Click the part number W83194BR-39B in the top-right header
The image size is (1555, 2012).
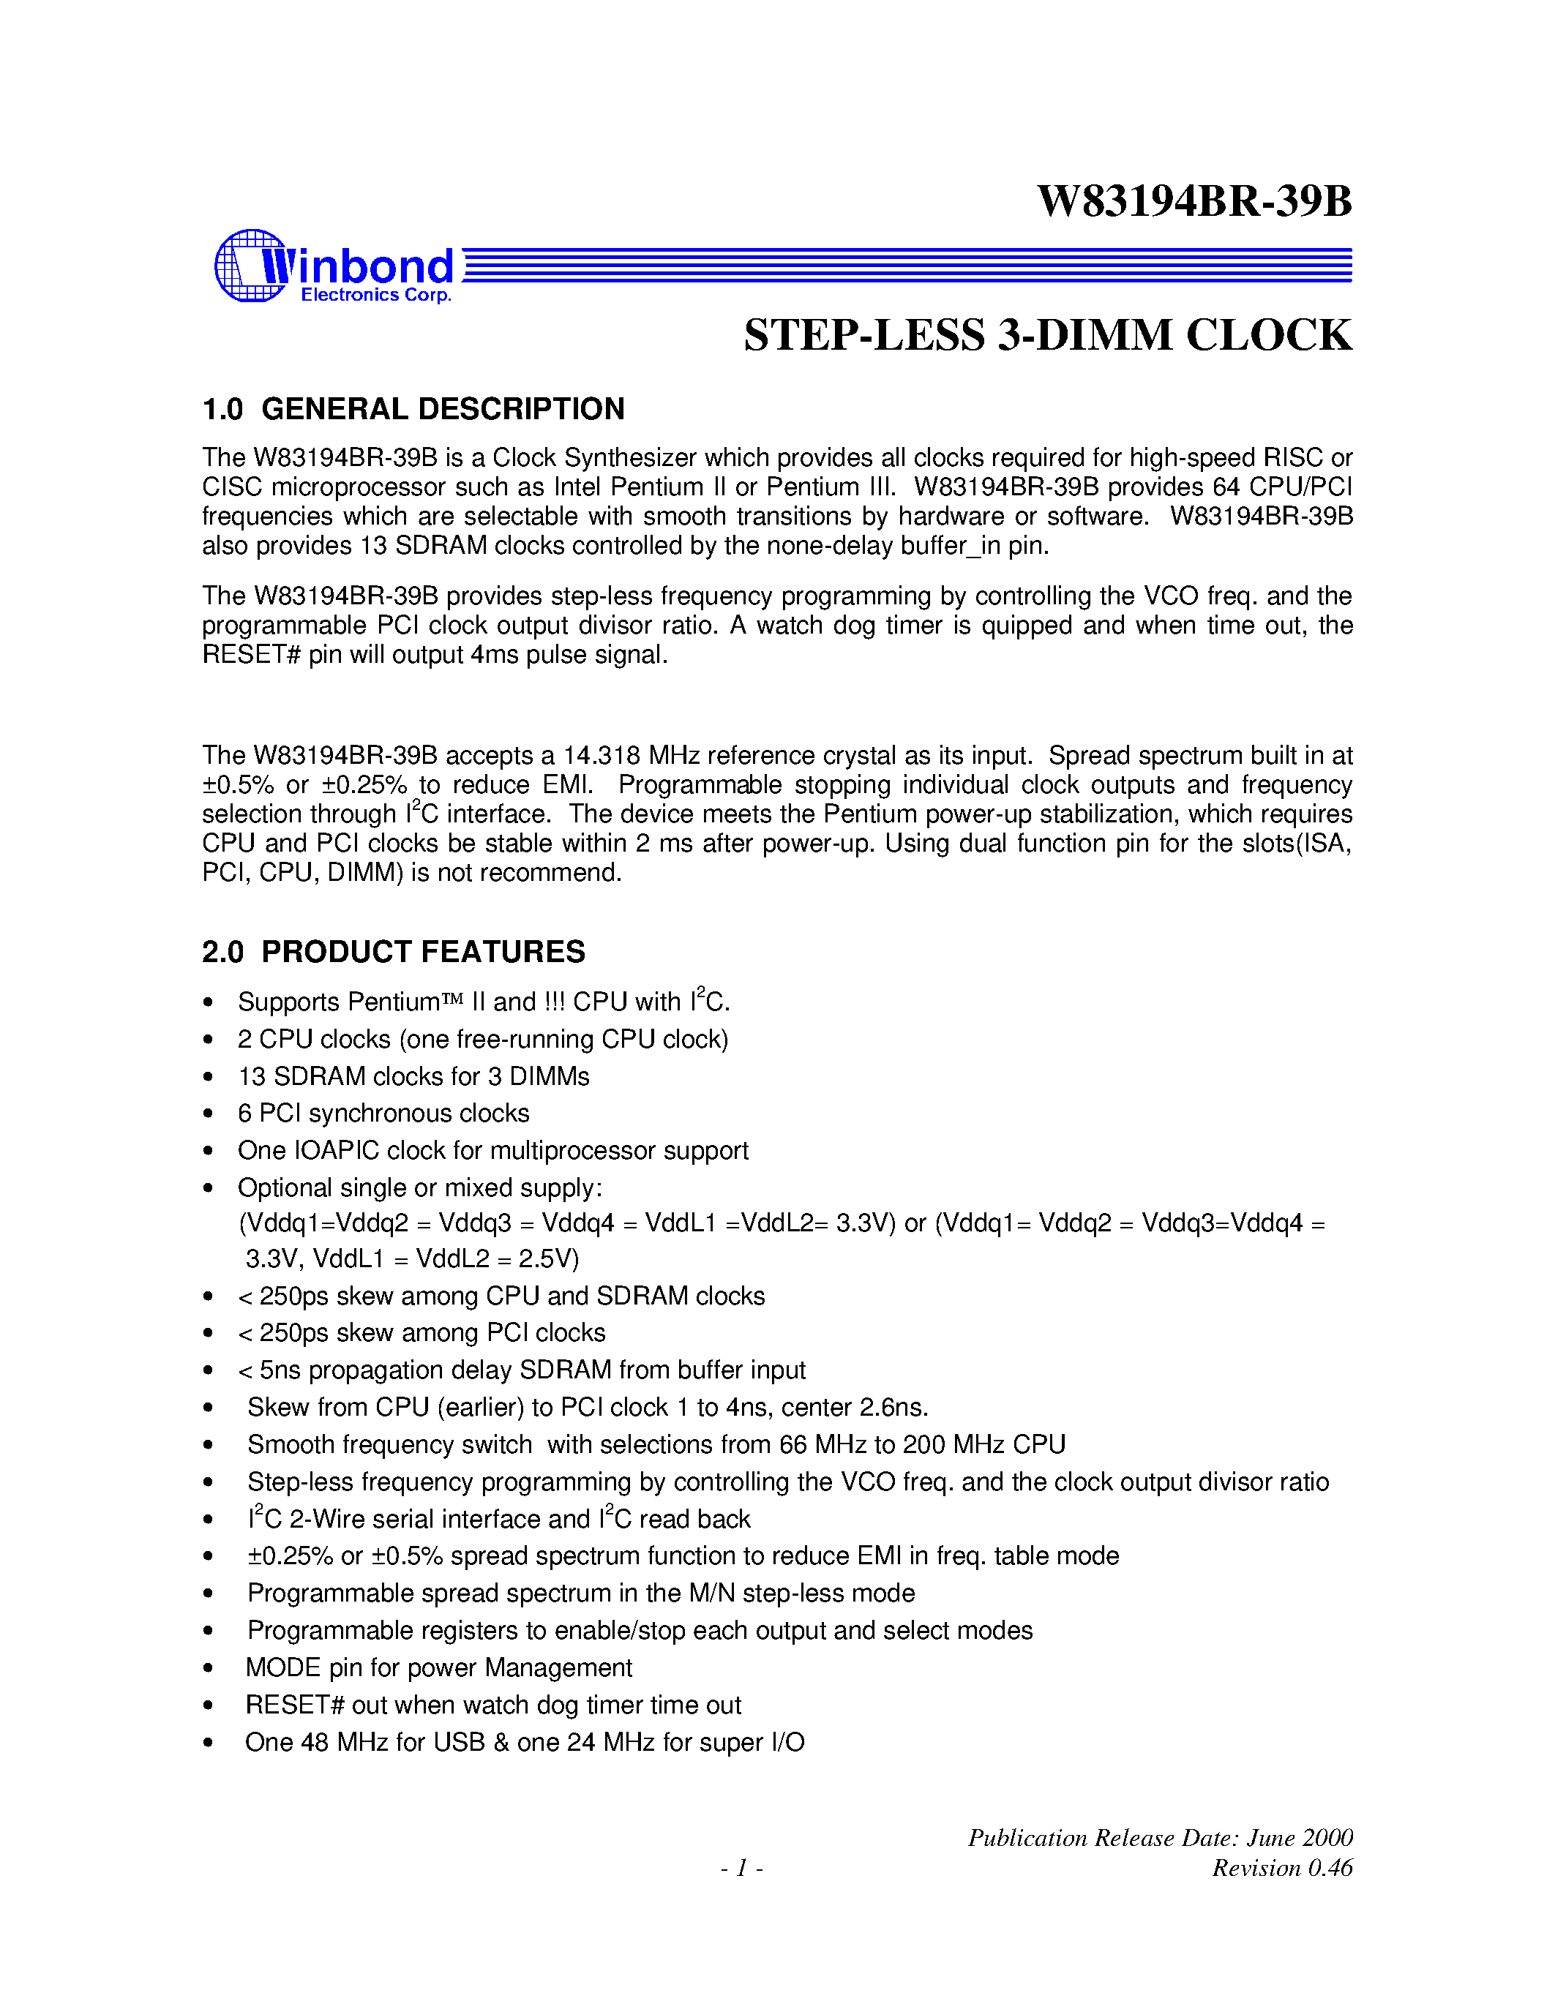tap(1194, 202)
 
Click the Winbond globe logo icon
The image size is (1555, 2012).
tap(250, 266)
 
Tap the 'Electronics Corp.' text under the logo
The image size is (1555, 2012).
tap(376, 295)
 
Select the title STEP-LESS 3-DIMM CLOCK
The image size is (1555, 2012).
tap(1047, 335)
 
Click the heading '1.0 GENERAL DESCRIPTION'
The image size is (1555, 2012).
tap(413, 409)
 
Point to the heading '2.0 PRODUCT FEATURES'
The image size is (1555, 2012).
tap(394, 952)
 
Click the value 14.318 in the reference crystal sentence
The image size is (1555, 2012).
tap(602, 756)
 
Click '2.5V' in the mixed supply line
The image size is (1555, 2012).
tap(547, 1258)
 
